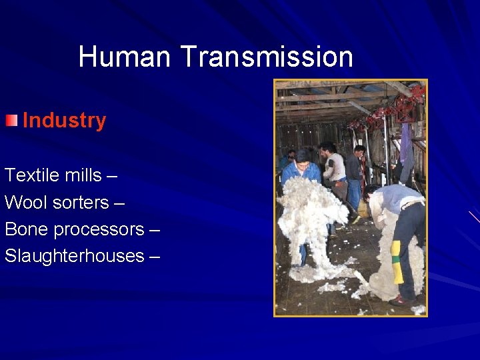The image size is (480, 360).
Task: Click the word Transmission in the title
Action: tap(267, 57)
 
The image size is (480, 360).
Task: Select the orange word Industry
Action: tap(64, 121)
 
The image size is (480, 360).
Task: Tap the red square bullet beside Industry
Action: tap(11, 121)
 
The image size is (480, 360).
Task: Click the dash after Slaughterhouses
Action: tap(155, 256)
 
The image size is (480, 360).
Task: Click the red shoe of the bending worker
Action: tap(399, 301)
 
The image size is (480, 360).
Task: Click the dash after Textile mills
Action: tap(112, 176)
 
